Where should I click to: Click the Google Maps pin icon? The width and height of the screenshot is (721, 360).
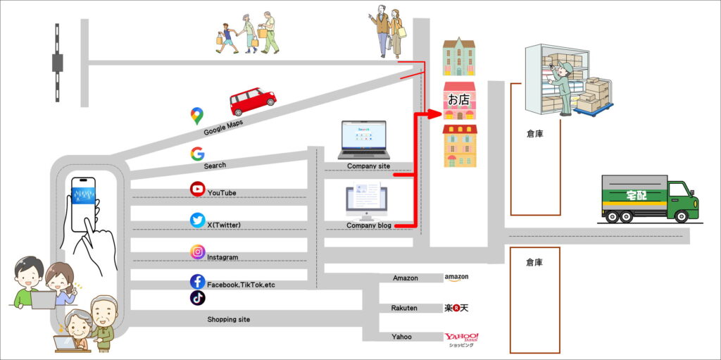(196, 116)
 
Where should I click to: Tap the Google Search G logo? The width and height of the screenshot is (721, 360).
(197, 154)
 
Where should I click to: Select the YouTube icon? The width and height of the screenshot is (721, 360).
(198, 189)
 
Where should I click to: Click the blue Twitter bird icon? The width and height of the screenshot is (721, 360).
(198, 221)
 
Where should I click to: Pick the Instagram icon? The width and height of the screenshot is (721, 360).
(198, 252)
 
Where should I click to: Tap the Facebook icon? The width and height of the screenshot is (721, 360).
(198, 282)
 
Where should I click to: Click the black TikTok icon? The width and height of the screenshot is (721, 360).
(198, 298)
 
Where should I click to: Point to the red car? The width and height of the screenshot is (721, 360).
(252, 101)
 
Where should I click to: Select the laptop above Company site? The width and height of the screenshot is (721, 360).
(363, 139)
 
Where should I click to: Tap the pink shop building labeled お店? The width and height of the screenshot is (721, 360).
(459, 101)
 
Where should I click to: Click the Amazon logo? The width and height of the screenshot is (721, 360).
(456, 278)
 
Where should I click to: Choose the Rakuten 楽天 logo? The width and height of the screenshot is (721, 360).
(456, 308)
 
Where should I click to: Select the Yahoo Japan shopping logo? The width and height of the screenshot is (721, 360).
(461, 339)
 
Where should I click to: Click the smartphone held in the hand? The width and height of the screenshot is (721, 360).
(84, 199)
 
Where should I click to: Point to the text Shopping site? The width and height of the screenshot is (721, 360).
(228, 319)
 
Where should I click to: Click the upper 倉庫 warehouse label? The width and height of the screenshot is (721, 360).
(534, 132)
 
